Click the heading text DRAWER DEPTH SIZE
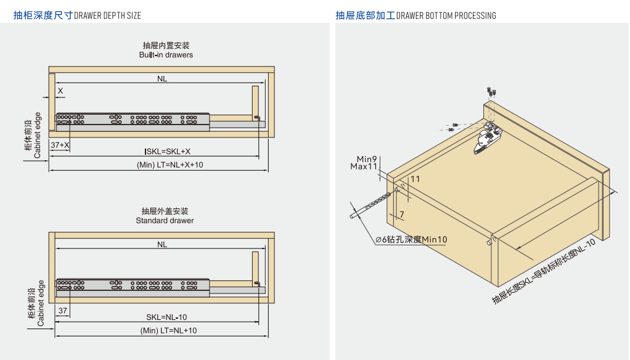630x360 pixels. tap(107, 15)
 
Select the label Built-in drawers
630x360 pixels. tap(166, 55)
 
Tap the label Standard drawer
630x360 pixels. tap(165, 221)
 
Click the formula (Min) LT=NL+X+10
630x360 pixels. tap(170, 165)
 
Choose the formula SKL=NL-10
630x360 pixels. tap(166, 317)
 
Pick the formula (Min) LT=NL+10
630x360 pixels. tap(168, 330)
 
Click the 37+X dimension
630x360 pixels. tap(60, 145)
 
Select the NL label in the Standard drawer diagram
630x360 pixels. tap(162, 245)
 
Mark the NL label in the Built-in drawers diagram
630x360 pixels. tap(162, 79)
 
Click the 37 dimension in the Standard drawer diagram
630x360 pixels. tap(62, 311)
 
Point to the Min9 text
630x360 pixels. tap(367, 160)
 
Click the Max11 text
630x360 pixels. tap(364, 167)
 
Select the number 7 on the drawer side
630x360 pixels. tap(401, 215)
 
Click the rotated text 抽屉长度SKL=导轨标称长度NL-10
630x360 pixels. tap(544, 271)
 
